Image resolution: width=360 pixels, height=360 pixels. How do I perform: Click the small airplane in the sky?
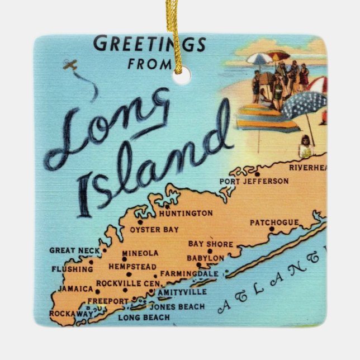coord(70,65)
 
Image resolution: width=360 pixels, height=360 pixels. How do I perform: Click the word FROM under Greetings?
coord(148,64)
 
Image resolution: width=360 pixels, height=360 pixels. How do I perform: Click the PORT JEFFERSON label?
coord(254,181)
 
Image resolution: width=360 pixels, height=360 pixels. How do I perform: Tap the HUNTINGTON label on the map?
coord(186,213)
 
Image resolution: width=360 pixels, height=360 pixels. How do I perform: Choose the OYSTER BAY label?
coord(154,229)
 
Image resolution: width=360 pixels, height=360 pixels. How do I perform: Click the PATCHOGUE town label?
coord(274,222)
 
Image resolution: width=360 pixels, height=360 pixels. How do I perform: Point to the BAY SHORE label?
coord(210,244)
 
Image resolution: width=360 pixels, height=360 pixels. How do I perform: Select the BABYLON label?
coord(206,258)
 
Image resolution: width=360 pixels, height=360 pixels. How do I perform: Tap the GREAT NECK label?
coord(70,250)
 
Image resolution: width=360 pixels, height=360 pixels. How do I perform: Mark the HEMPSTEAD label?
coord(132,267)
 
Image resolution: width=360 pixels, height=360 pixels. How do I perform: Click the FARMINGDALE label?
coord(188,274)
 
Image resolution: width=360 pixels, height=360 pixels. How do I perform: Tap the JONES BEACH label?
coord(177,306)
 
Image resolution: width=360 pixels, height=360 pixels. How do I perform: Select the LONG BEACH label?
coord(144,318)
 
